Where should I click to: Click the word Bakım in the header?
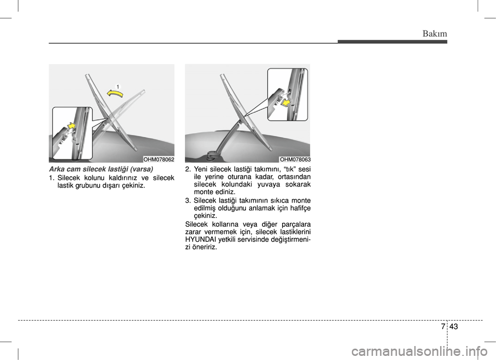(435, 34)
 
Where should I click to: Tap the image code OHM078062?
(159, 160)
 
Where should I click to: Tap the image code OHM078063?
(295, 160)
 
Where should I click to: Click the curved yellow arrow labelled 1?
(115, 92)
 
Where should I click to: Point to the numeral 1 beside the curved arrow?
(117, 86)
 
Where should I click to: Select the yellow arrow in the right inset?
(287, 102)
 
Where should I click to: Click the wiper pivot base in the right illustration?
(211, 155)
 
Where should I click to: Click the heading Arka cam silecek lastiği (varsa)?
(101, 169)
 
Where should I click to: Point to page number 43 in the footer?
(453, 326)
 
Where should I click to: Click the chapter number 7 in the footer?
(443, 326)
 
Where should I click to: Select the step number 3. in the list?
(188, 200)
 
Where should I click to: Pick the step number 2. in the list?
(188, 169)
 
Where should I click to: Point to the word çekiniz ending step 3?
(205, 216)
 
